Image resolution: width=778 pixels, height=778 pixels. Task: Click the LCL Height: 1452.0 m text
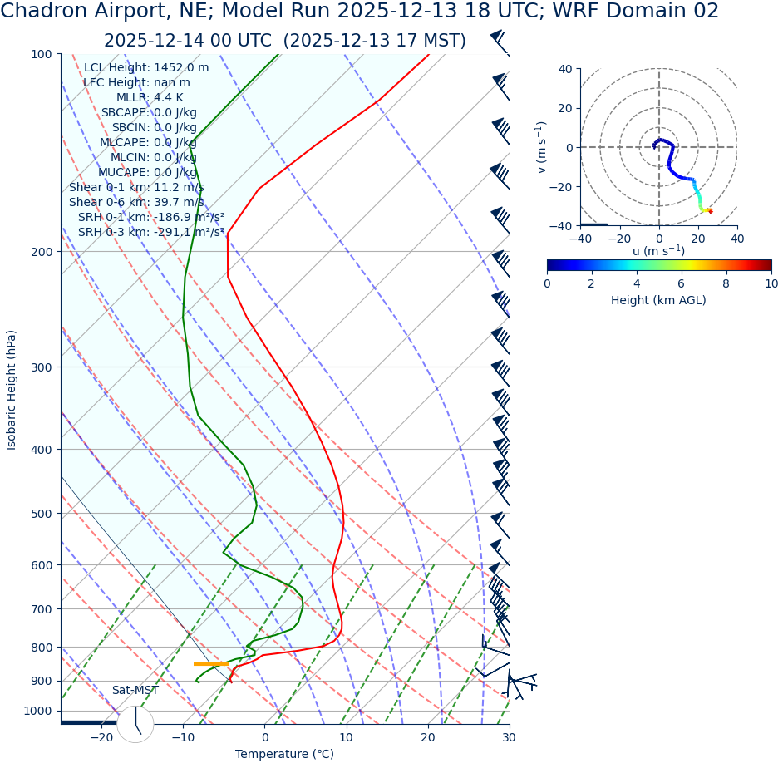tap(146, 68)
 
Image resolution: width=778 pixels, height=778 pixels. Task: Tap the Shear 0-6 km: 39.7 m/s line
tap(136, 203)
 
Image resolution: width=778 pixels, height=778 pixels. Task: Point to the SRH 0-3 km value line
tap(151, 233)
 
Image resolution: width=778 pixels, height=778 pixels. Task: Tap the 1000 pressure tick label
tap(37, 712)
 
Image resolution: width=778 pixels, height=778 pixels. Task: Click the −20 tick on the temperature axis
tap(101, 738)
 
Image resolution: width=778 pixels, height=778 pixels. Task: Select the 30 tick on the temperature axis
tap(509, 738)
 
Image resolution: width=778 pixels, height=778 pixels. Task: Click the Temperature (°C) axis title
tap(284, 755)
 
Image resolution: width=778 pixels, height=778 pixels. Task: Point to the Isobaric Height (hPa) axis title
tap(12, 390)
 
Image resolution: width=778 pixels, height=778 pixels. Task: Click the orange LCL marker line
tap(210, 664)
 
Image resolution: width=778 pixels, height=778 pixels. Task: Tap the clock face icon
tap(135, 724)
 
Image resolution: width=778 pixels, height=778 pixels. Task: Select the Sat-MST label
tap(135, 691)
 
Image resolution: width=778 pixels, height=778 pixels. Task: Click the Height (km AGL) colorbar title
tap(658, 301)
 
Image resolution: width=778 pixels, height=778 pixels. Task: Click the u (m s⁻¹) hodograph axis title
tap(658, 251)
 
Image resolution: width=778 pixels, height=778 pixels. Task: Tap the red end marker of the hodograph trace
tap(710, 211)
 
